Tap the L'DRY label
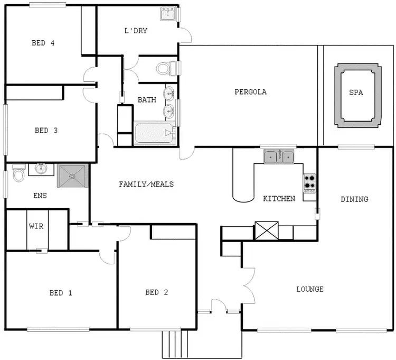(136, 31)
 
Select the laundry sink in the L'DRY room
(168, 14)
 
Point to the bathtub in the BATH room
(155, 133)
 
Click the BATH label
(147, 99)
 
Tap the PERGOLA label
(250, 91)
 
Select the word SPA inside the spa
(356, 92)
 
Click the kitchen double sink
(279, 156)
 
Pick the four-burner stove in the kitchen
(309, 183)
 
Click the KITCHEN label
(279, 199)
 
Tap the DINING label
(354, 199)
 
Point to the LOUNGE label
(309, 289)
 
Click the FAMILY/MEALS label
(146, 184)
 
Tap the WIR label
(36, 226)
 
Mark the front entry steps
(175, 344)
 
